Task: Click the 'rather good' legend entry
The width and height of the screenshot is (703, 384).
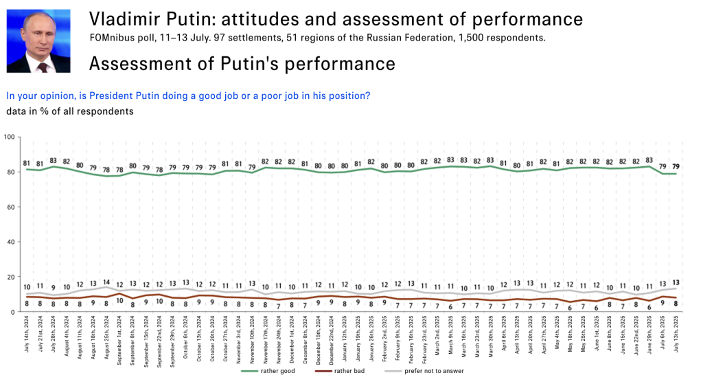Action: tap(279, 371)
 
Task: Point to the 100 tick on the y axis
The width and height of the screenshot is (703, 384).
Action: tap(9, 137)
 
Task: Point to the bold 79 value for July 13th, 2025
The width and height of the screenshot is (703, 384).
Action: tap(676, 166)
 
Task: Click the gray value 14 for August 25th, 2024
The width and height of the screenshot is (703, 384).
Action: tap(106, 282)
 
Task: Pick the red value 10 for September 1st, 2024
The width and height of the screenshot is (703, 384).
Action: tap(119, 300)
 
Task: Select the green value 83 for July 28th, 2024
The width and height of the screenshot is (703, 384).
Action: tap(54, 161)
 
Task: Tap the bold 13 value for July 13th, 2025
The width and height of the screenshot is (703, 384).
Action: tap(676, 282)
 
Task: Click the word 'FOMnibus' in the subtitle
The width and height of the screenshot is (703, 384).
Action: tap(113, 37)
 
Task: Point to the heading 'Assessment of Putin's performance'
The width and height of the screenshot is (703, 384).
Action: tap(242, 64)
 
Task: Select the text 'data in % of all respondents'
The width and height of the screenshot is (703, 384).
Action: tap(69, 111)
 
